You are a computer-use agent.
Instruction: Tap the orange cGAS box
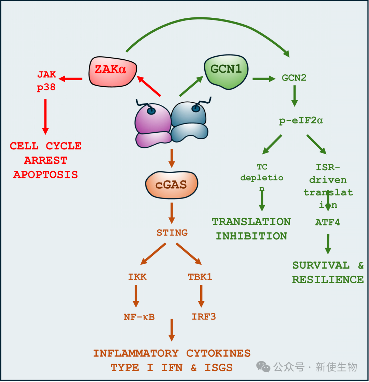tap(171, 185)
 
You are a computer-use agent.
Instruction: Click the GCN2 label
tap(294, 78)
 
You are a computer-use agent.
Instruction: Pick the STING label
tap(172, 233)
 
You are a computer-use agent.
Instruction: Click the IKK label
tap(137, 277)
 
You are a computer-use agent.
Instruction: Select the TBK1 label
tap(200, 277)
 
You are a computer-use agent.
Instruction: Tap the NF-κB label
tap(139, 317)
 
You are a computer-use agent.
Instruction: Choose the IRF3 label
tap(204, 317)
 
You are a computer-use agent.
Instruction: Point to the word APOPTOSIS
tap(45, 175)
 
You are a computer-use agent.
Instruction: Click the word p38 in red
tap(46, 88)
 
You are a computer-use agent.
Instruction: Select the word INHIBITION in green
tap(251, 236)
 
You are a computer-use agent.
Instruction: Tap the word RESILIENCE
tap(328, 279)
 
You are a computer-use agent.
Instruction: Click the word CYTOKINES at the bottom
tap(218, 353)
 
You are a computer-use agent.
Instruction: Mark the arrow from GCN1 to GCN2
tap(263, 79)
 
